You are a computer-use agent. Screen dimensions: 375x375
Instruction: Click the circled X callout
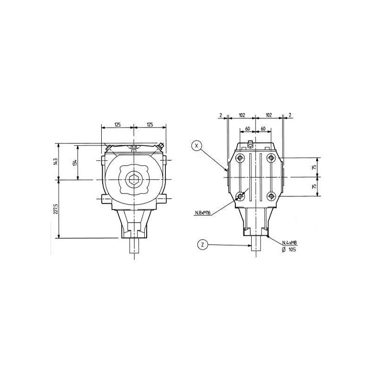click(196, 145)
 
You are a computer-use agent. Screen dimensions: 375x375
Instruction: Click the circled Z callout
click(203, 245)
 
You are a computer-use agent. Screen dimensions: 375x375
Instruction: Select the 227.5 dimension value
click(56, 209)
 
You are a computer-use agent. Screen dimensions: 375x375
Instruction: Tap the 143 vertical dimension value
click(55, 161)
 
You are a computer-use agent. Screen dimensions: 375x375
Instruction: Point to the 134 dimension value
click(75, 163)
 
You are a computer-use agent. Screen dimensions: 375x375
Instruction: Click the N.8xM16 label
click(202, 213)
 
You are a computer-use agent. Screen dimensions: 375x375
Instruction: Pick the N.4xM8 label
click(290, 243)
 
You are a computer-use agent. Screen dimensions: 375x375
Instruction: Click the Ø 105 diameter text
click(289, 249)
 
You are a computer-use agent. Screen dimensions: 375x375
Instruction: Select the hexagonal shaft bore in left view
click(134, 180)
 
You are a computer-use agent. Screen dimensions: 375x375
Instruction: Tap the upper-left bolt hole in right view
click(240, 158)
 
